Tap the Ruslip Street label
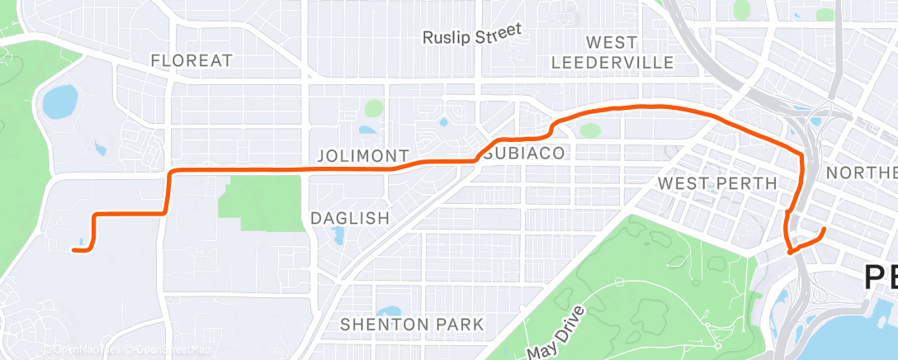point(472,35)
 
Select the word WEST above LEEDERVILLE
point(611,42)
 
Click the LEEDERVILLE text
point(612,62)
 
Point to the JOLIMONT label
point(363,156)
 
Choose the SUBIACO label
point(525,154)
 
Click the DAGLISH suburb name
point(349,218)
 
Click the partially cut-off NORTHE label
point(861,173)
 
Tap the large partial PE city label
point(880,277)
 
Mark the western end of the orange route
point(74,249)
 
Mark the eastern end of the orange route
point(825,228)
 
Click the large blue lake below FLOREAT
point(59,102)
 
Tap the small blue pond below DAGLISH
point(338,238)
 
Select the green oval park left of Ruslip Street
point(375,108)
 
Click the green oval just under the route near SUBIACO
point(589,130)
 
